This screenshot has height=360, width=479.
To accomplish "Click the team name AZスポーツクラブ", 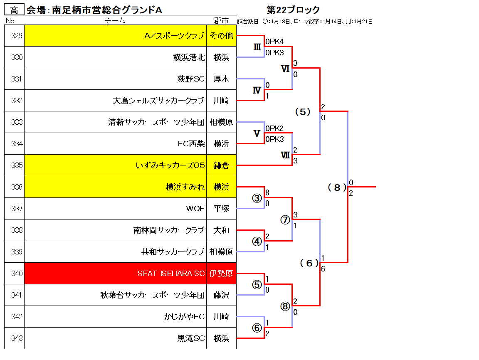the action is click(174, 36).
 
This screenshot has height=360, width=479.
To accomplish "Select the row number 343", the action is click(17, 338).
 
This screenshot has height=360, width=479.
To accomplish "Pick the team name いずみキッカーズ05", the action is click(170, 165).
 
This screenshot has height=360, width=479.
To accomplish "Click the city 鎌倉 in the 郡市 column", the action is click(221, 165).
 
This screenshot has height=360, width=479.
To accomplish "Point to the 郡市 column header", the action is click(221, 20).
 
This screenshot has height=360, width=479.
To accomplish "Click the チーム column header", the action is click(115, 20).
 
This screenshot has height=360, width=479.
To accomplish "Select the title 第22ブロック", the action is click(293, 10).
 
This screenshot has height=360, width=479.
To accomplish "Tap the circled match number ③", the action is click(257, 198).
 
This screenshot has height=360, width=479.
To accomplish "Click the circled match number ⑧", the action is click(285, 306).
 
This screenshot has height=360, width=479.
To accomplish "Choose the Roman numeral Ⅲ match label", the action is click(257, 47).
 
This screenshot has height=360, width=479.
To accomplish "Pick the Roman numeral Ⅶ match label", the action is click(285, 155).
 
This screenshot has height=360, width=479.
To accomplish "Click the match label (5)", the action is click(303, 112).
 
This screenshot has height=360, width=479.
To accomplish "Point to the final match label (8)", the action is click(337, 187).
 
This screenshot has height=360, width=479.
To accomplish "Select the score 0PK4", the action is click(274, 41).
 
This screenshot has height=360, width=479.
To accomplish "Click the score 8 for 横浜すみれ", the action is click(267, 192).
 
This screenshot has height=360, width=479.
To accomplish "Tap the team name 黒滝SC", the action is click(191, 338).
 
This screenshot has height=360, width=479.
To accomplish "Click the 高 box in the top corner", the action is click(14, 10).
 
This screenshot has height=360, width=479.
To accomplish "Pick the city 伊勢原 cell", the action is click(221, 273).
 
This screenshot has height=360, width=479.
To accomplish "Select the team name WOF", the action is click(195, 209).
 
